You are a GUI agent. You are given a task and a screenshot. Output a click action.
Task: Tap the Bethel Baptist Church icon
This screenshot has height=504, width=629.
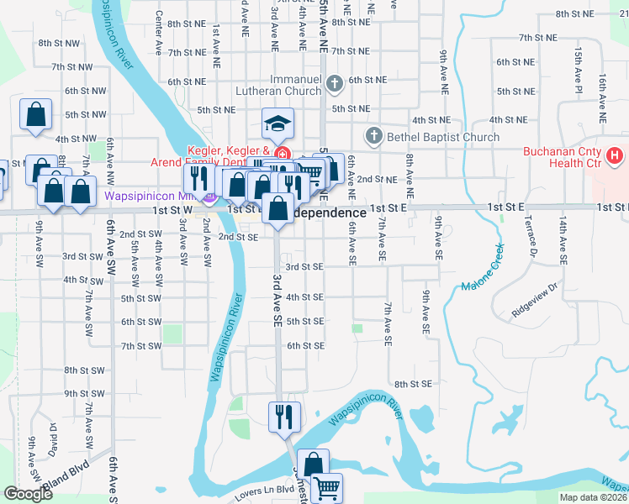coord(374,136)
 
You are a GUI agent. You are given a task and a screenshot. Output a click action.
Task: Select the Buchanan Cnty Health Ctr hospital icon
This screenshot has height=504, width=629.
coord(615,155)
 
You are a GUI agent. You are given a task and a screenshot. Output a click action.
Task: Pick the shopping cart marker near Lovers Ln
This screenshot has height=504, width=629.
coord(326,487)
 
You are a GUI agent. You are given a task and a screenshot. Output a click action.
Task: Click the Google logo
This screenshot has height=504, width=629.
coord(28,494)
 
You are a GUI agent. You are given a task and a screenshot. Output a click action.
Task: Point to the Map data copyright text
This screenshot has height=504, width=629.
coord(593,497)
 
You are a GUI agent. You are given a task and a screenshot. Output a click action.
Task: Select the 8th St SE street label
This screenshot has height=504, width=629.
coord(412,384)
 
